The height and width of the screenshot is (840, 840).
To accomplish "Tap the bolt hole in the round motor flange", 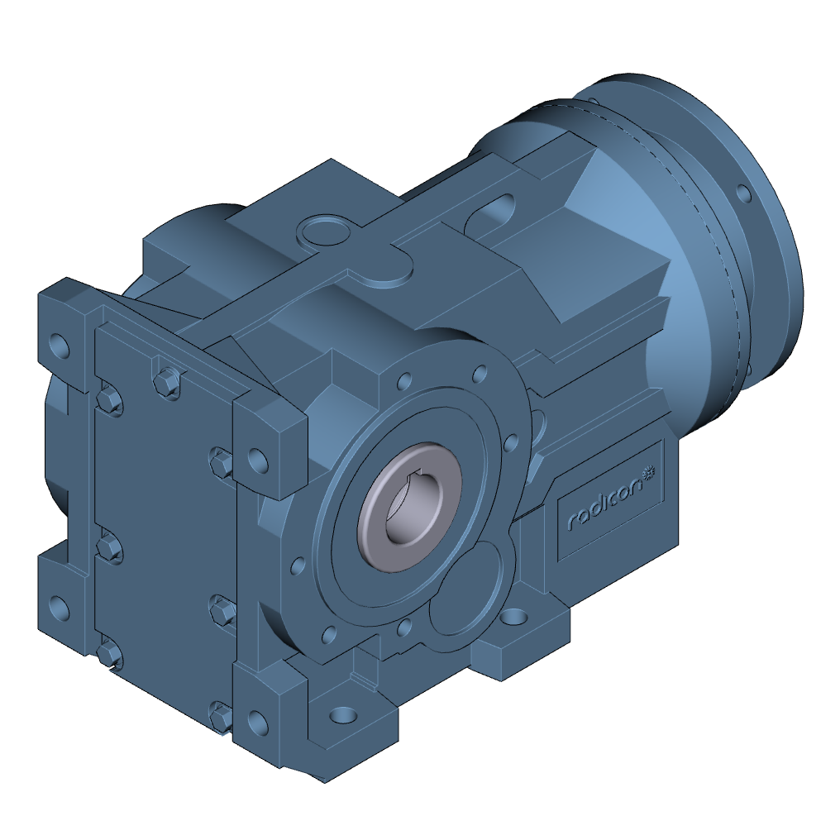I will pyautogui.click(x=743, y=195).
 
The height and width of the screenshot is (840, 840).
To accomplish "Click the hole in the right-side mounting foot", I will pyautogui.click(x=514, y=618).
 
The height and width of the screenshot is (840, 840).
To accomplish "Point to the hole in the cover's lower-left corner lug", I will pyautogui.click(x=59, y=608).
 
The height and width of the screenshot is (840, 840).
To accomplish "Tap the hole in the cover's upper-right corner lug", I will pyautogui.click(x=258, y=459).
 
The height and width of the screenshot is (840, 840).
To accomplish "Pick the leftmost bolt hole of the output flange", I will pyautogui.click(x=297, y=567).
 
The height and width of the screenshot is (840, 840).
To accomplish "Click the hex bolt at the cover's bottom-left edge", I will pyautogui.click(x=109, y=653).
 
